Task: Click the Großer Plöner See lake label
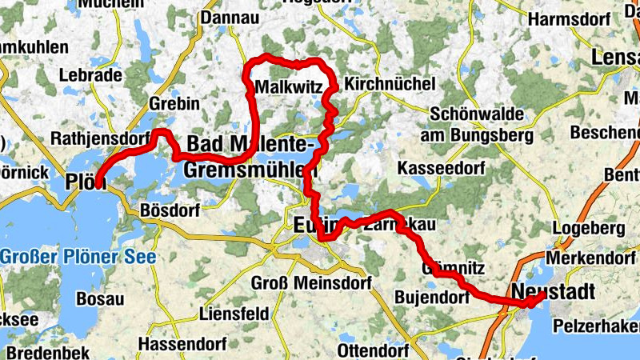(78, 258)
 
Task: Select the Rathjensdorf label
(100, 138)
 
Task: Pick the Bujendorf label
(430, 298)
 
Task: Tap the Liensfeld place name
(234, 314)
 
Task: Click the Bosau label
(100, 298)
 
